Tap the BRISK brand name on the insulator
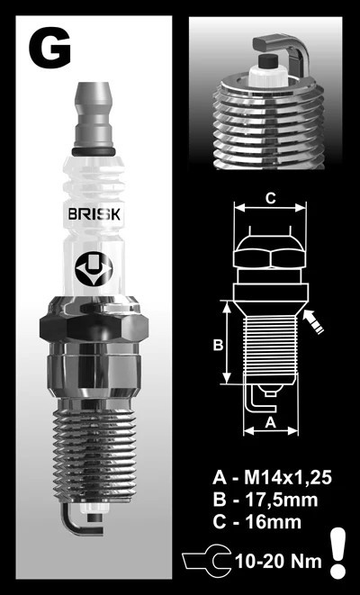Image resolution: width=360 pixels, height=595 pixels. pyautogui.click(x=94, y=214)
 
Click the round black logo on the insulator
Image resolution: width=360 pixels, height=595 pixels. pyautogui.click(x=94, y=268)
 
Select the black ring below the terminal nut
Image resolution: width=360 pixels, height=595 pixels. pyautogui.click(x=94, y=152)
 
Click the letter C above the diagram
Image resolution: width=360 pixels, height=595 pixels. pyautogui.click(x=270, y=199)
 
